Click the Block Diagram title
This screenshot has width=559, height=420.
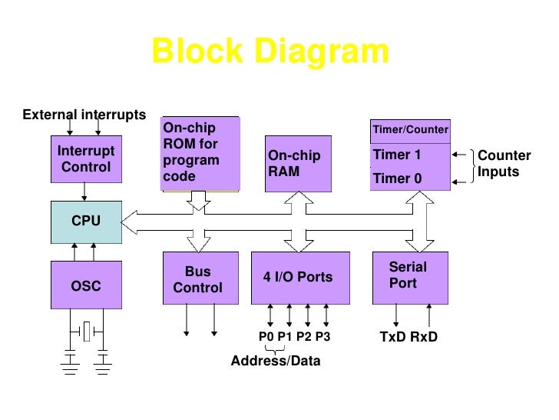[270, 52]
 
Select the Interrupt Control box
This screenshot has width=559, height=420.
[86, 159]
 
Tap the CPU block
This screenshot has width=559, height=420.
[86, 221]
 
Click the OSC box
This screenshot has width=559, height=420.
[86, 286]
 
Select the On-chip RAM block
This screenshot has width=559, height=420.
[298, 163]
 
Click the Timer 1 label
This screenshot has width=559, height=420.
[397, 155]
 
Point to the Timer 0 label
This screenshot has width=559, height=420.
[397, 178]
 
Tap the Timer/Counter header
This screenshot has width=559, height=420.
[410, 129]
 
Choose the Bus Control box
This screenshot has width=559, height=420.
[197, 280]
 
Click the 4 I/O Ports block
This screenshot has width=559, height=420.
[298, 277]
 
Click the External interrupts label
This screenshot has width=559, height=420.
[84, 115]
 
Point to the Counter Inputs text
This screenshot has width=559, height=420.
[504, 164]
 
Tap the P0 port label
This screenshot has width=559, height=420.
[266, 337]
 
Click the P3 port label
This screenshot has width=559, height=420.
[323, 337]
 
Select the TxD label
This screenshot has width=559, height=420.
[394, 337]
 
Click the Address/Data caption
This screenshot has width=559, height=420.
[276, 361]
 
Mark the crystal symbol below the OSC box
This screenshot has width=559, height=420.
[87, 332]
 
